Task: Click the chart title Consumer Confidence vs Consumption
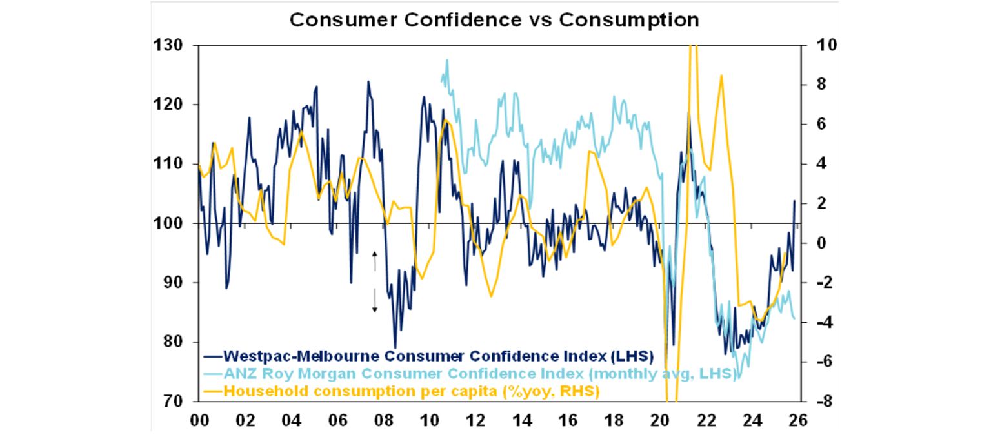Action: point(494,19)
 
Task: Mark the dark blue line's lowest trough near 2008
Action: point(395,347)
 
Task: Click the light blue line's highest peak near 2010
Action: point(446,60)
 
